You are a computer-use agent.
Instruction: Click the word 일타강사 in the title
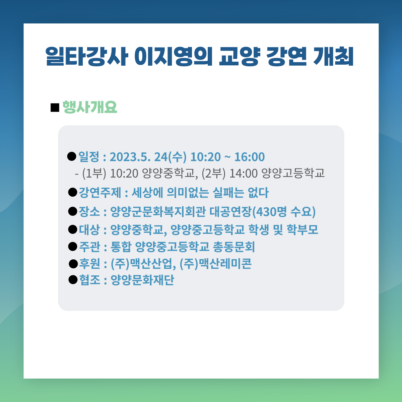point(86,56)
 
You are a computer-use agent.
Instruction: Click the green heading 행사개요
point(90,107)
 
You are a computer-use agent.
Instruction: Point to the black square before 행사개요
point(55,108)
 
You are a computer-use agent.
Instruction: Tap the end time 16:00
point(250,157)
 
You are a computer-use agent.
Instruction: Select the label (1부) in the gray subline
point(94,173)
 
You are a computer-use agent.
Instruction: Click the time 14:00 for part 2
point(244,173)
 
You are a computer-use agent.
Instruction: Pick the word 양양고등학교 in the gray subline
point(293,173)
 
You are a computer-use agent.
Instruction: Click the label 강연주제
point(100,192)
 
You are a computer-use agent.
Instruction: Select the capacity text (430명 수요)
point(284,212)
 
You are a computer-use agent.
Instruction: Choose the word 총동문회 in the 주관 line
point(234,247)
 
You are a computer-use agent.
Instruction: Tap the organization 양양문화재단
point(142,280)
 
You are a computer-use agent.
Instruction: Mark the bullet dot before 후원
point(73,264)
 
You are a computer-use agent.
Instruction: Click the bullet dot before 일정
point(72,156)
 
